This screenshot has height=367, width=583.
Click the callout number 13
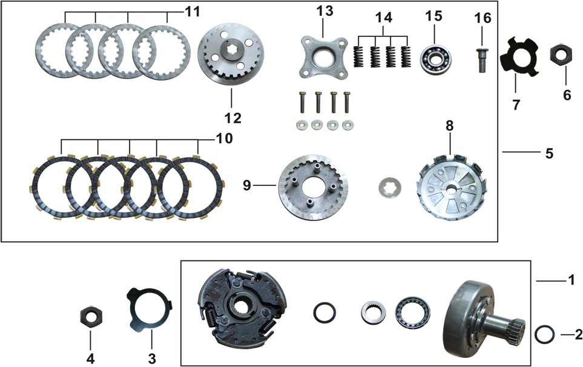tap(324, 11)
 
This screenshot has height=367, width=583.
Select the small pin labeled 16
tap(482, 60)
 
